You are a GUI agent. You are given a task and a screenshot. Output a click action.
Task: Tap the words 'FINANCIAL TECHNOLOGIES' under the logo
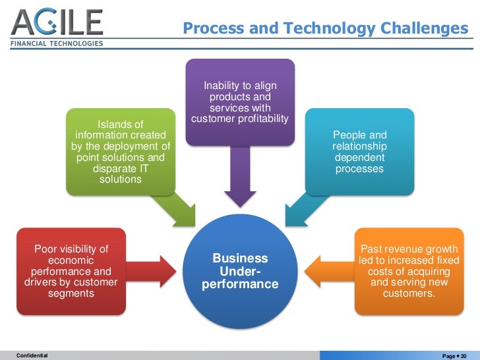pos(58,44)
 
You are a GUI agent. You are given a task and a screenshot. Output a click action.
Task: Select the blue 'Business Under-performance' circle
pos(239,272)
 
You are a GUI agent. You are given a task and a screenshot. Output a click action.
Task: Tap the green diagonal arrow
pos(177,210)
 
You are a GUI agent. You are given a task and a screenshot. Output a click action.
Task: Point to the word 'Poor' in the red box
pos(46,249)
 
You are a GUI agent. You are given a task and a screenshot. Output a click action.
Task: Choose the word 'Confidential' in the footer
pos(32,355)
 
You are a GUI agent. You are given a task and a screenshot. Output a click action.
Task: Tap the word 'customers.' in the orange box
pos(409,293)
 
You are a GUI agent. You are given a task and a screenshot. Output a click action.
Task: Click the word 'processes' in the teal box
pos(359,169)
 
